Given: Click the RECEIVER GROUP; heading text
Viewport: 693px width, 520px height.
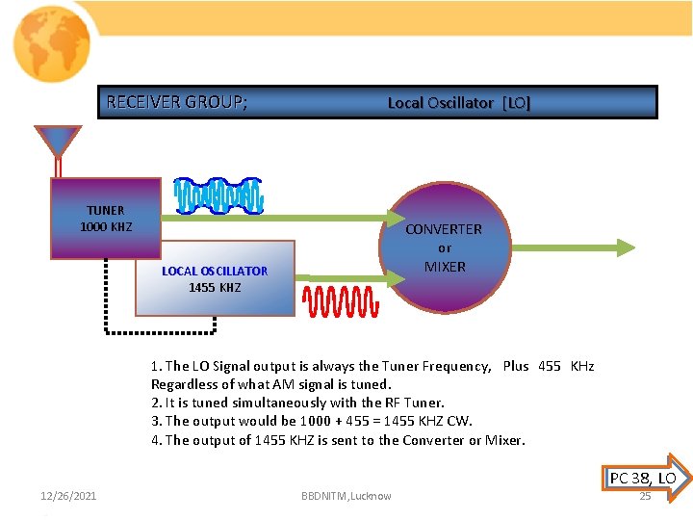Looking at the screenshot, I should pos(176,102).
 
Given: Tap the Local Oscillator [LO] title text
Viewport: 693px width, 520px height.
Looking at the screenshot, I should pos(458,103).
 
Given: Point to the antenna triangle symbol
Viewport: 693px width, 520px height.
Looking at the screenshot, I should pos(58,142).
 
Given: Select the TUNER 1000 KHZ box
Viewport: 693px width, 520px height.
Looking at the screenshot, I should pos(106,219).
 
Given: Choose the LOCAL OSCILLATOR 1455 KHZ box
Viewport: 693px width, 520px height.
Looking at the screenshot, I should pos(215,278).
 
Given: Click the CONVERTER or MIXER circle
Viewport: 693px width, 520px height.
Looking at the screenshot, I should pos(444,247).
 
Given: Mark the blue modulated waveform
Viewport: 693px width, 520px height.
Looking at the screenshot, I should pos(218,195).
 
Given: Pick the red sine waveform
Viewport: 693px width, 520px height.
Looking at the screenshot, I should pos(341,301).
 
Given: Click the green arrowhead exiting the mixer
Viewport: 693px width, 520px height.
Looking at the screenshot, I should pos(626,247).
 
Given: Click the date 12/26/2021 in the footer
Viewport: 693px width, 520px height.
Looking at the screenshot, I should pos(68,496).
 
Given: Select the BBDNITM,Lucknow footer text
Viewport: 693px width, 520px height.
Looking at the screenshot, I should pos(346,496).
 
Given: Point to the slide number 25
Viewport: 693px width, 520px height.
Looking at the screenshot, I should pos(645,496).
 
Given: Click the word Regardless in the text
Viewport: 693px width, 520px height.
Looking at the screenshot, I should pos(184,384).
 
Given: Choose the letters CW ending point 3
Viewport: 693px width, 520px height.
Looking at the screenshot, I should pos(460,421).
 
